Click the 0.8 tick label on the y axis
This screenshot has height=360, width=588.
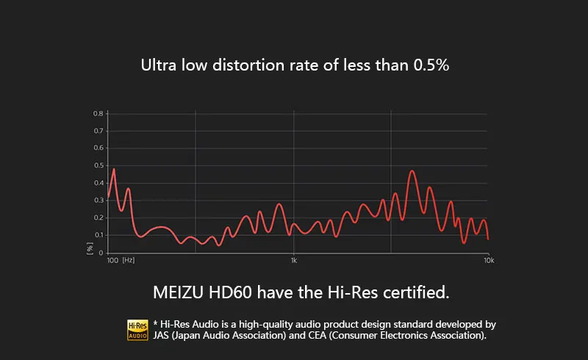pos(98,114)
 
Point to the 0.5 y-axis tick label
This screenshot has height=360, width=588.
pos(98,166)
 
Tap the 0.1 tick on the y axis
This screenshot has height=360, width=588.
pos(98,235)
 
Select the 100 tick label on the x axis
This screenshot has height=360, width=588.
pos(112,261)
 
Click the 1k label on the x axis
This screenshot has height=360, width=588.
pos(293,261)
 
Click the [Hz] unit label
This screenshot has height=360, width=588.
pos(129,261)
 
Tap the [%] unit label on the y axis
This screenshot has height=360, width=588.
pos(90,249)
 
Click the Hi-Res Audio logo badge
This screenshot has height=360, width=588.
pos(138,329)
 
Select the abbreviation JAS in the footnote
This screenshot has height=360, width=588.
pos(164,336)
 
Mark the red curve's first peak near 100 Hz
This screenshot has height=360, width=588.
pos(113,170)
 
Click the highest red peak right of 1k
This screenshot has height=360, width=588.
pos(412,171)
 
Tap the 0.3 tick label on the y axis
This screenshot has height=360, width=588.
pos(98,201)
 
